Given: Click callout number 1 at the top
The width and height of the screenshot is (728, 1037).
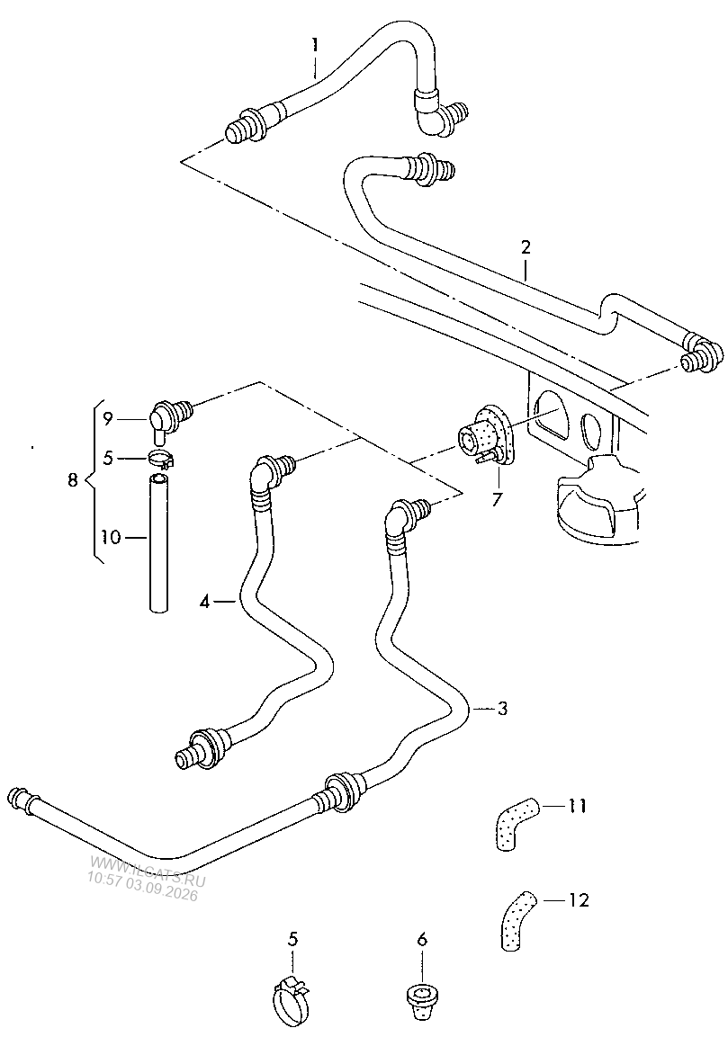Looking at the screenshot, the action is tap(315, 45).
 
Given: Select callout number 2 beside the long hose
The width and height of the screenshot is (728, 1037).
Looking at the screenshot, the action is tap(526, 248).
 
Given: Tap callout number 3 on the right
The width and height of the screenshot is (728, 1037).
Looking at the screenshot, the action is tap(502, 709).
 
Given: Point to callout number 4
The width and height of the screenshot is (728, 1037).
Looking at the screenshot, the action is tap(205, 602).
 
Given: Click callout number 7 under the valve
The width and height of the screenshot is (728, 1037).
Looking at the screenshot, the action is tap(497, 497).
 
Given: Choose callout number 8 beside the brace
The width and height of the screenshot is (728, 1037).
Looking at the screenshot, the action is tap(73, 478).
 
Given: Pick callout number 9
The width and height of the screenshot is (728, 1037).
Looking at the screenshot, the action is tap(108, 418).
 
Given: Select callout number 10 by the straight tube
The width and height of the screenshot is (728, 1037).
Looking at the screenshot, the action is tap(112, 538).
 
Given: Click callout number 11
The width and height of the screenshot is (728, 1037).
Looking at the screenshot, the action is tap(579, 806).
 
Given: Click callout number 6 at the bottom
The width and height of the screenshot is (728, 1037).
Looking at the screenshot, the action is tap(422, 939).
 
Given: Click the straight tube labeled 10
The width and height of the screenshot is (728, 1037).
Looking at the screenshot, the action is tap(157, 542).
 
